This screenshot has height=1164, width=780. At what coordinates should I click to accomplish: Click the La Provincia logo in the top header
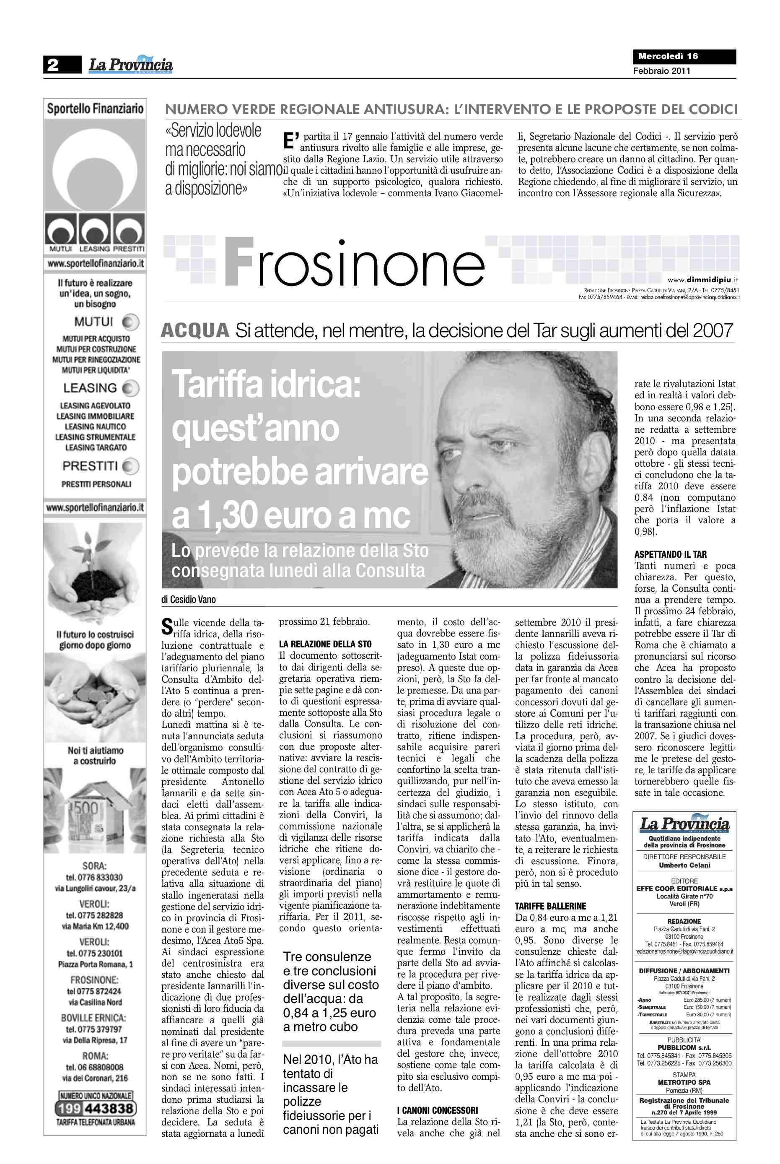(131, 65)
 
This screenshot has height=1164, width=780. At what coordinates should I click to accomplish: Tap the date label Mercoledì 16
(668, 56)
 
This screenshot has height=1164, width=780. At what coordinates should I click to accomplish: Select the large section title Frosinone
(355, 262)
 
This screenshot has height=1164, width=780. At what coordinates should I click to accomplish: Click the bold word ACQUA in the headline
(195, 331)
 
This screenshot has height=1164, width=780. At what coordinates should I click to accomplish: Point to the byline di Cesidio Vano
(189, 600)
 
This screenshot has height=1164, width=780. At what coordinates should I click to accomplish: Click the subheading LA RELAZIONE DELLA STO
(325, 644)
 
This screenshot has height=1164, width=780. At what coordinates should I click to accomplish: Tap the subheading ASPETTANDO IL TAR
(670, 554)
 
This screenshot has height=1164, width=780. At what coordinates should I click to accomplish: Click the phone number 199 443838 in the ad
(96, 1108)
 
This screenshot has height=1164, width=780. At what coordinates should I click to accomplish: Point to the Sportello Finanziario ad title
(95, 109)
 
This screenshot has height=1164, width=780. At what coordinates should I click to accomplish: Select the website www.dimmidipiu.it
(702, 280)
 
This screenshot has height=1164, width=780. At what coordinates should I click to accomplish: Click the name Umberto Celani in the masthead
(684, 865)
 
